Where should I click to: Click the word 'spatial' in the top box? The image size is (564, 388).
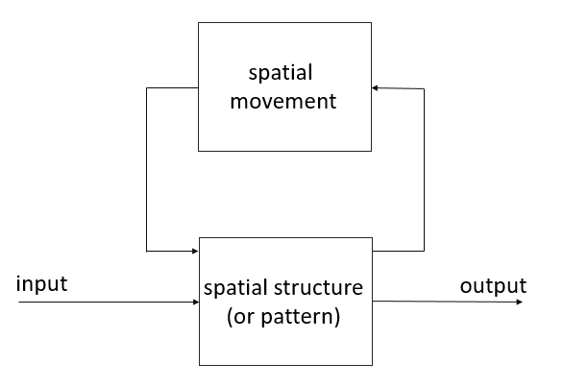pyautogui.click(x=281, y=73)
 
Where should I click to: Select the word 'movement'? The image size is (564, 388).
pyautogui.click(x=283, y=102)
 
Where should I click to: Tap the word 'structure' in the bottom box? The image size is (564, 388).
pyautogui.click(x=318, y=288)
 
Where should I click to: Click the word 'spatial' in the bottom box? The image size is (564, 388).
pyautogui.click(x=235, y=289)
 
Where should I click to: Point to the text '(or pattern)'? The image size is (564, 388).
pyautogui.click(x=283, y=317)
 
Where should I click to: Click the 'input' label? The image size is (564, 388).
pyautogui.click(x=41, y=284)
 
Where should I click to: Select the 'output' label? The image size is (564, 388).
pyautogui.click(x=493, y=286)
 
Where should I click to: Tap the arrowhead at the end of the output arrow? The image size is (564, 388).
pyautogui.click(x=520, y=303)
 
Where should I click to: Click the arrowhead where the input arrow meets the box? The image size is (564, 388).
pyautogui.click(x=196, y=303)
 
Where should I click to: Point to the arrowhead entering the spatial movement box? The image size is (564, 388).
pyautogui.click(x=375, y=88)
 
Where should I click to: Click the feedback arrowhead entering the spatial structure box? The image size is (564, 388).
pyautogui.click(x=195, y=251)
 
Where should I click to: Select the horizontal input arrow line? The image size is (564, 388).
pyautogui.click(x=109, y=303)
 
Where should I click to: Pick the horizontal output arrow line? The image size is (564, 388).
pyautogui.click(x=448, y=302)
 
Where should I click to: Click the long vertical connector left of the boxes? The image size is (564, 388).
pyautogui.click(x=146, y=169)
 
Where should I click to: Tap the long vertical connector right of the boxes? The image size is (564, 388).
pyautogui.click(x=424, y=170)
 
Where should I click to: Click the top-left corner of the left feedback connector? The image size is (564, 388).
pyautogui.click(x=146, y=87)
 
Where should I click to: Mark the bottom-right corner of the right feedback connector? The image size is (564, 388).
pyautogui.click(x=424, y=251)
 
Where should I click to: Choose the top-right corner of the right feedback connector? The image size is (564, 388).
pyautogui.click(x=424, y=88)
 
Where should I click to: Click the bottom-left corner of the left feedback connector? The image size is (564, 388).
pyautogui.click(x=146, y=251)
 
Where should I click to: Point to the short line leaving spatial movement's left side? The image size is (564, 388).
pyautogui.click(x=172, y=87)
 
